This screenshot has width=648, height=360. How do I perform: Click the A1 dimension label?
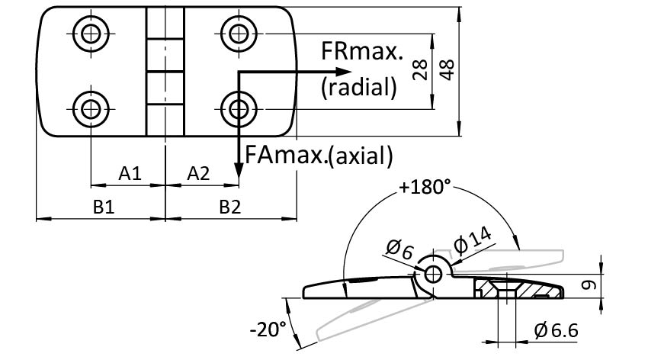click(130, 174)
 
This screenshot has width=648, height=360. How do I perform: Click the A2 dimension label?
click(198, 174)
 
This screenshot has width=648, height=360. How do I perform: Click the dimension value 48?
click(448, 72)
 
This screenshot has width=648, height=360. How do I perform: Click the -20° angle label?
click(268, 329)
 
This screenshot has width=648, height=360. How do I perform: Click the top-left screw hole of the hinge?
click(91, 33)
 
